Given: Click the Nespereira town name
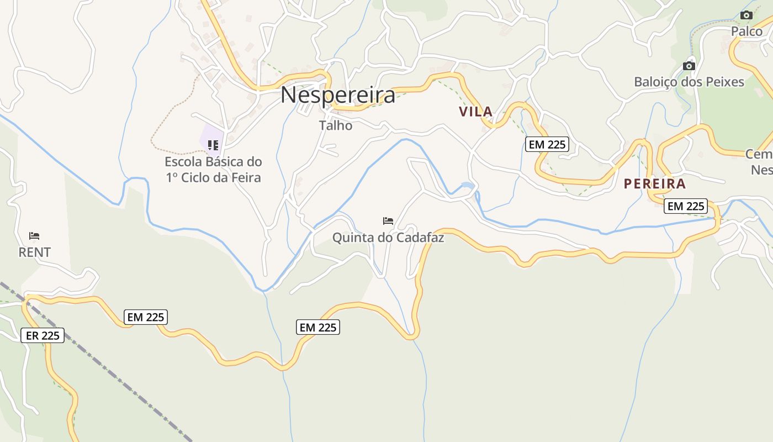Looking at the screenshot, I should tap(338, 95).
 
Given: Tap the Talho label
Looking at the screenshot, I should tap(336, 125).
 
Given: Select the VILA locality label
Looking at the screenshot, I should tap(475, 112).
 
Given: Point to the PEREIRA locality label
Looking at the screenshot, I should tap(655, 184).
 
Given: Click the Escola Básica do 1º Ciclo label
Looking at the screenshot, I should tap(213, 170).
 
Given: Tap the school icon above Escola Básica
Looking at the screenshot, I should tap(213, 145).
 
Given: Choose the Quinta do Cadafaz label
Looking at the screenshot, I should tap(388, 238).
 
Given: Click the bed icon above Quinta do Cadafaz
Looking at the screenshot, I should tap(388, 221).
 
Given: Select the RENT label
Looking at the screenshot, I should tap(35, 252).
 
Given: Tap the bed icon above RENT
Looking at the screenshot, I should tap(34, 236).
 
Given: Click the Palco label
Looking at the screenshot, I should tap(746, 31).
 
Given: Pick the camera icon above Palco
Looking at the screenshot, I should tap(746, 15).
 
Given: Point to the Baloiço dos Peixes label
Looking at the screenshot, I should tap(689, 82).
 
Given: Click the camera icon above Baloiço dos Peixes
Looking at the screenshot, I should tap(689, 66).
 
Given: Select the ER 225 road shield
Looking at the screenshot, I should tap(43, 335).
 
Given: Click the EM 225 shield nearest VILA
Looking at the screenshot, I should tap(547, 145).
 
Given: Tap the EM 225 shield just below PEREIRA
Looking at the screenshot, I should tap(686, 206).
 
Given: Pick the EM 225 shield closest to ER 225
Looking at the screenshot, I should tap(146, 317).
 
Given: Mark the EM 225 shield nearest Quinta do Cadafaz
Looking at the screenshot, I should tap(318, 327).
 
